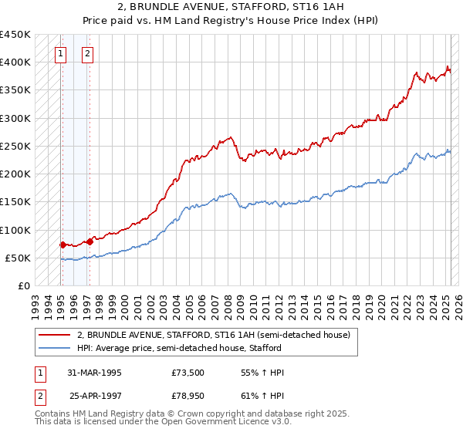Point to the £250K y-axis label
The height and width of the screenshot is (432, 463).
click(15, 146)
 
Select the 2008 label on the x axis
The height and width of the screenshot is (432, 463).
click(230, 302)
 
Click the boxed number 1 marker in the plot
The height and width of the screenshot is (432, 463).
click(61, 54)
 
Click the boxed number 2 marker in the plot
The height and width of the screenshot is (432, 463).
click(88, 54)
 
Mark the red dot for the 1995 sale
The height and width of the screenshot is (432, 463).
click(63, 245)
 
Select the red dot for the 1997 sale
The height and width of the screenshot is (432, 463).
click(90, 241)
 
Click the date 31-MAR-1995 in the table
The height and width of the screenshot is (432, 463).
click(96, 373)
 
